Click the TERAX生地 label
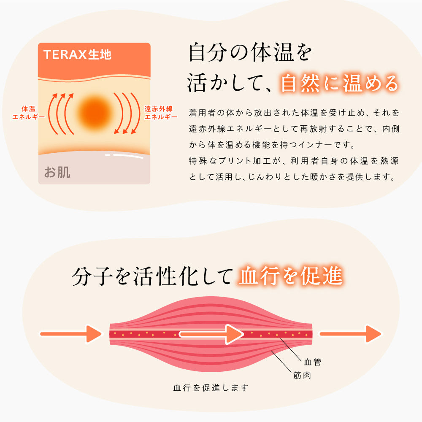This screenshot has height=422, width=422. pyautogui.click(x=77, y=54)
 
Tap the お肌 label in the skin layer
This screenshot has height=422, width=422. pyautogui.click(x=57, y=172)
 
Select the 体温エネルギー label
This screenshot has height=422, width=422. pyautogui.click(x=29, y=113)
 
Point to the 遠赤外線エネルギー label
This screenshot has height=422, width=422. pyautogui.click(x=161, y=113)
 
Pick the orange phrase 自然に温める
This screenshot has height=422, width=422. pyautogui.click(x=339, y=83)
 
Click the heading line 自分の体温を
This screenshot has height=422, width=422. pyautogui.click(x=250, y=52)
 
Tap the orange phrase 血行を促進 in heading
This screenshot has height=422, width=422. pyautogui.click(x=291, y=276)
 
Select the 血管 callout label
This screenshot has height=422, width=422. pyautogui.click(x=312, y=362)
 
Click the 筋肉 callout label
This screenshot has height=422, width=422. pyautogui.click(x=302, y=375)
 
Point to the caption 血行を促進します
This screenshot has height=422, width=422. pyautogui.click(x=211, y=388)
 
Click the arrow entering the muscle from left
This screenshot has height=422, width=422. pyautogui.click(x=71, y=334)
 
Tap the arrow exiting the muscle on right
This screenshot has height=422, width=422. pyautogui.click(x=350, y=334)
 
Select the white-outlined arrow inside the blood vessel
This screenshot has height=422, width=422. pyautogui.click(x=211, y=334)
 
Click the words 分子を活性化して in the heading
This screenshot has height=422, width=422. pyautogui.click(x=152, y=276)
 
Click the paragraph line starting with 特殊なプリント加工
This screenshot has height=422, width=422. pyautogui.click(x=294, y=161)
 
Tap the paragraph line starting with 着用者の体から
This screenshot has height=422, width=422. pyautogui.click(x=294, y=113)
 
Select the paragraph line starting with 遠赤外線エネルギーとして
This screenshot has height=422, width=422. pyautogui.click(x=294, y=129)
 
